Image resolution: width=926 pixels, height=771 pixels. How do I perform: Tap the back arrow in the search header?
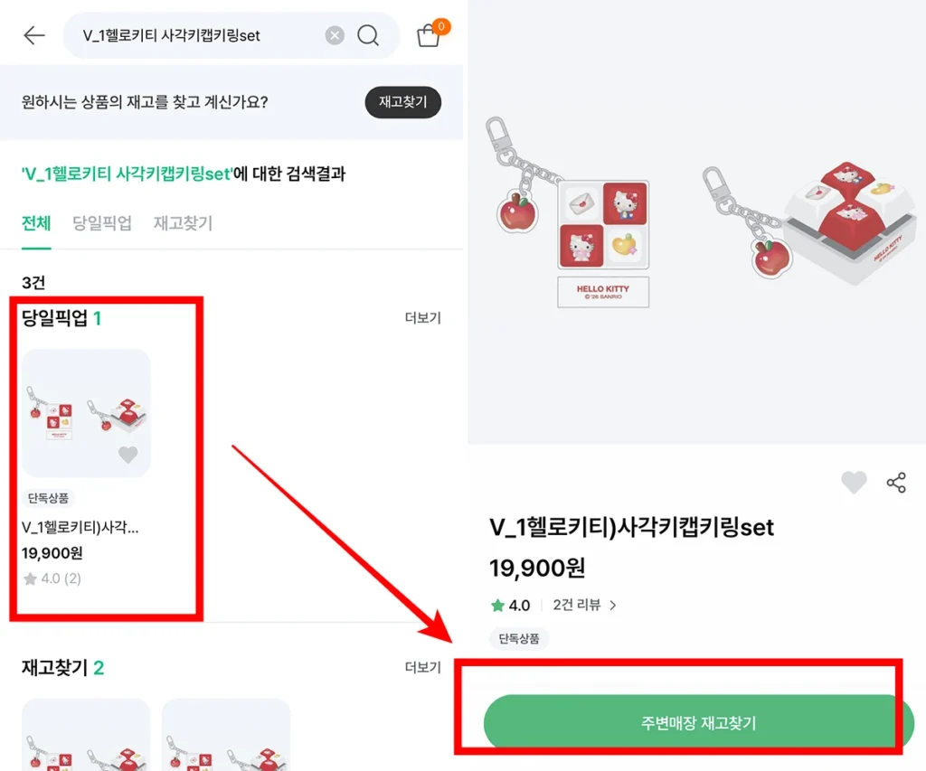(x=34, y=35)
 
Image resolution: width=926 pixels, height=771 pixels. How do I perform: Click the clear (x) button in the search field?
(x=335, y=35)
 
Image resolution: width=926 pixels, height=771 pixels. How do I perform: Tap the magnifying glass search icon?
(x=368, y=35)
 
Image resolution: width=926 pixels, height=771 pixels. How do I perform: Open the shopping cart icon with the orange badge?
(x=429, y=35)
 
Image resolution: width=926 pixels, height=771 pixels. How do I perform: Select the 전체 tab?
(x=36, y=223)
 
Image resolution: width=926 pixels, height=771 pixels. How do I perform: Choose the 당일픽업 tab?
(x=101, y=223)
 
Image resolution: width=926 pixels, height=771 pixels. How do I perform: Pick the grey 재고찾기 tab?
(x=183, y=223)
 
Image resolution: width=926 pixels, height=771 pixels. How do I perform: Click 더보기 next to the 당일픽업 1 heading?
(x=422, y=318)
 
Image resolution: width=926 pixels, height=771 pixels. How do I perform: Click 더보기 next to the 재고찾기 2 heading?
(x=422, y=668)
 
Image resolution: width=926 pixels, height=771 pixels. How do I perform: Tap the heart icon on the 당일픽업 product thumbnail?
(x=128, y=455)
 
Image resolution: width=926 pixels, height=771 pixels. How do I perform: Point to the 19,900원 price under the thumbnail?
(x=52, y=553)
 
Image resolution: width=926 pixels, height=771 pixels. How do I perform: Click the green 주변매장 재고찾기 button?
(x=698, y=723)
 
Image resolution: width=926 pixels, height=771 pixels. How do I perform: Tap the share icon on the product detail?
(x=896, y=483)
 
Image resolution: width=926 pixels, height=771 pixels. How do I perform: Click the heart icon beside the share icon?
(x=854, y=483)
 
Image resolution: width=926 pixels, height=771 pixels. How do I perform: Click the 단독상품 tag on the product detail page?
(x=519, y=638)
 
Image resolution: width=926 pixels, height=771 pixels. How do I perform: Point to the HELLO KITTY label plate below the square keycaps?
(x=602, y=292)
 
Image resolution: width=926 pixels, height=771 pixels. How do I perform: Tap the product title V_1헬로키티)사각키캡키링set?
(x=631, y=527)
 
